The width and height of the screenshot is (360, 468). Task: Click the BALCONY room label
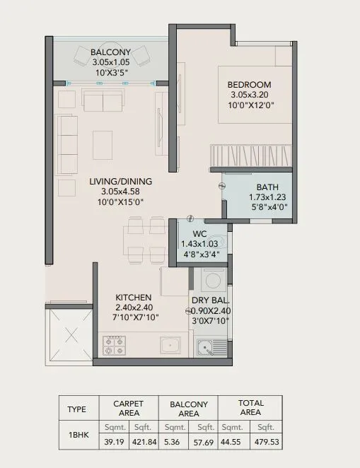click(x=110, y=52)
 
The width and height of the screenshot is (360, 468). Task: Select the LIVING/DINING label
click(x=120, y=182)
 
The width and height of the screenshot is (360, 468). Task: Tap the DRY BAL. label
click(x=209, y=299)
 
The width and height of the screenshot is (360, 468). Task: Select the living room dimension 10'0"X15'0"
click(x=120, y=201)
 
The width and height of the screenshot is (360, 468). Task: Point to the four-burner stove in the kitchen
click(x=115, y=346)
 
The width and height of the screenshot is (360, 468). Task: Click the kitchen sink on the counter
click(x=169, y=346)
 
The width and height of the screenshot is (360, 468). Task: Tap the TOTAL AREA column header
click(x=250, y=408)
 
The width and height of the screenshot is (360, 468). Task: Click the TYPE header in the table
click(x=76, y=408)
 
